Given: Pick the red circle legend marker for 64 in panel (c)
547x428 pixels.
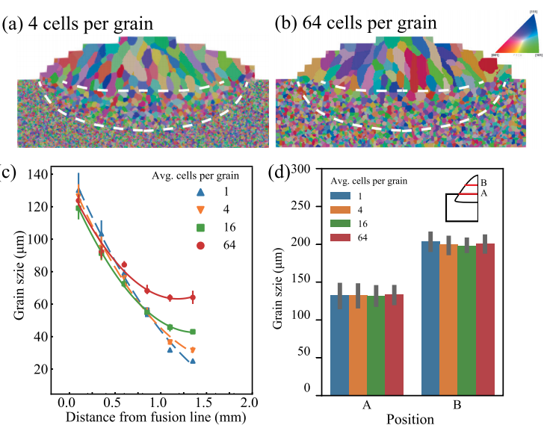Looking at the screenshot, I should coord(200,244).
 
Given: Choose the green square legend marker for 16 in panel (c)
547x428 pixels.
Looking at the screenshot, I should coord(200,227).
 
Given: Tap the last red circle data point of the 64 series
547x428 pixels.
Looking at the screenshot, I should coord(193,297).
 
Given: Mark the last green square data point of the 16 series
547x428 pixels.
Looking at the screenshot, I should coord(193,332).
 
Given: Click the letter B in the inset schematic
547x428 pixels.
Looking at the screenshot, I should coord(483,182).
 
